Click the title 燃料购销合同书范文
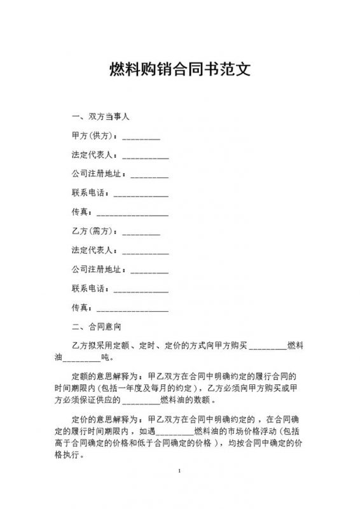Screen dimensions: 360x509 tap(180, 69)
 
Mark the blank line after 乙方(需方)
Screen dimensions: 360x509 tap(141, 232)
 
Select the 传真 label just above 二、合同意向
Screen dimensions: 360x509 tap(81, 309)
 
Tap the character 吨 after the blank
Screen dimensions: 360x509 tap(114, 358)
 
